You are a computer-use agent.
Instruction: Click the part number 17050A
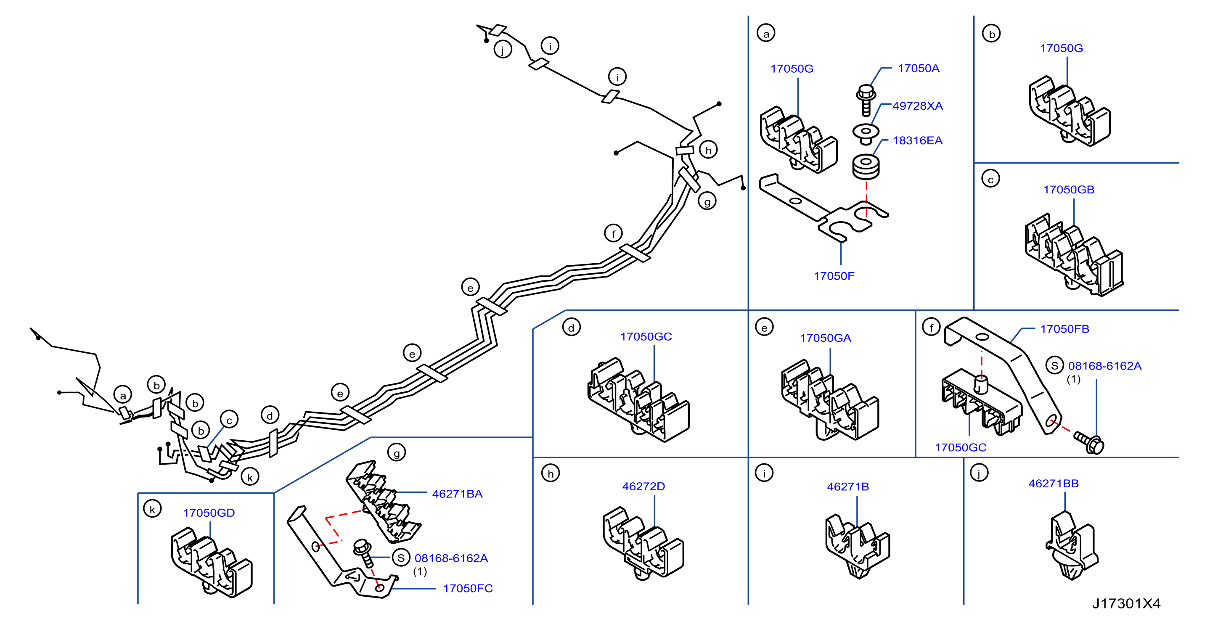pos(918,69)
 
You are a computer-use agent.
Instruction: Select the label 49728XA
pos(917,106)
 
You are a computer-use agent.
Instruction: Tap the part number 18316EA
pos(917,141)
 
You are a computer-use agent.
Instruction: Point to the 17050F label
pos(834,276)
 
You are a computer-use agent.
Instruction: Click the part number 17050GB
pos(1069,190)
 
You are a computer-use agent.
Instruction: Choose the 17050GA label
pos(825,338)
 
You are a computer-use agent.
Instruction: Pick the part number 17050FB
pos(1064,329)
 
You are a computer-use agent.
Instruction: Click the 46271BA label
pos(457,494)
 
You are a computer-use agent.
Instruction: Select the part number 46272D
pos(643,487)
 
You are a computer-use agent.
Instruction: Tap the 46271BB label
pos(1054,484)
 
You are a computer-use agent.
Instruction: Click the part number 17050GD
pos(209,513)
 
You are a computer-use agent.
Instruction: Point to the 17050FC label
pos(468,588)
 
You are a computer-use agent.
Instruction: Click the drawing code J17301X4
pos(1126,604)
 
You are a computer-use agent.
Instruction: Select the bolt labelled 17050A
pos(866,99)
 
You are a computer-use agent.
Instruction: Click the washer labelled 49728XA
pos(866,133)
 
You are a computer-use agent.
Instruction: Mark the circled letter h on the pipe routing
pos(708,150)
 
